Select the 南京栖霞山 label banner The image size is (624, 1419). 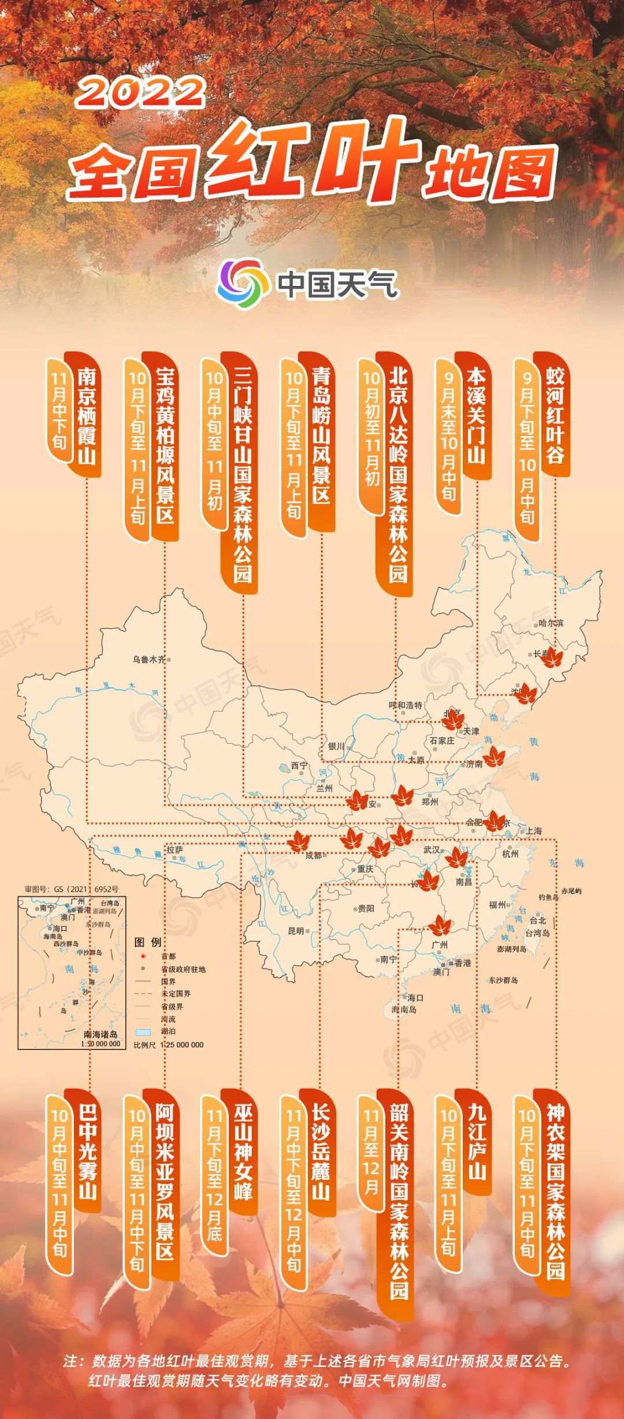click(87, 414)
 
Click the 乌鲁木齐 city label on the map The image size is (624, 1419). click(149, 659)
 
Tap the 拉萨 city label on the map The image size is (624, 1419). click(175, 850)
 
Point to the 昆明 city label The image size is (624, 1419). click(295, 931)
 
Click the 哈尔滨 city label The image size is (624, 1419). click(551, 623)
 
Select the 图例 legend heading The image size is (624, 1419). click(148, 942)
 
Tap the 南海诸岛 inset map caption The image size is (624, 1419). click(101, 1034)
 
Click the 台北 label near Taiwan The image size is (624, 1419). click(537, 920)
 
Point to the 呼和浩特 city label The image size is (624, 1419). click(406, 705)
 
